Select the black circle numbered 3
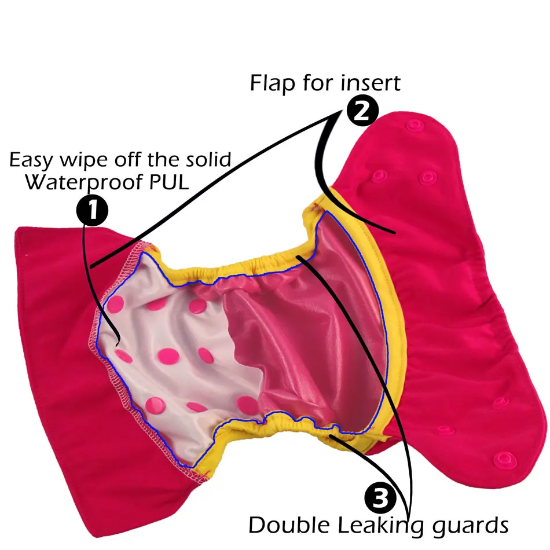(x=381, y=497)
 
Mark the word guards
(x=466, y=527)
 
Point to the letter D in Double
(x=256, y=526)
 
